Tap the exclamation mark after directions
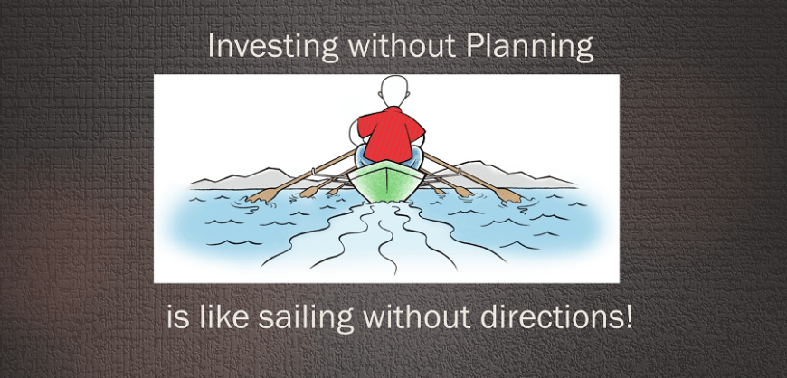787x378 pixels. pyautogui.click(x=629, y=317)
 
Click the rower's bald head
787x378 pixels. pyautogui.click(x=394, y=91)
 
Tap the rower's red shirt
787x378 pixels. pyautogui.click(x=391, y=133)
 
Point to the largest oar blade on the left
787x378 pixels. pyautogui.click(x=262, y=195)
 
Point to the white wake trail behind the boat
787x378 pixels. pyautogui.click(x=385, y=236)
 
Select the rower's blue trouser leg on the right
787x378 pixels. pyautogui.click(x=418, y=156)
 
